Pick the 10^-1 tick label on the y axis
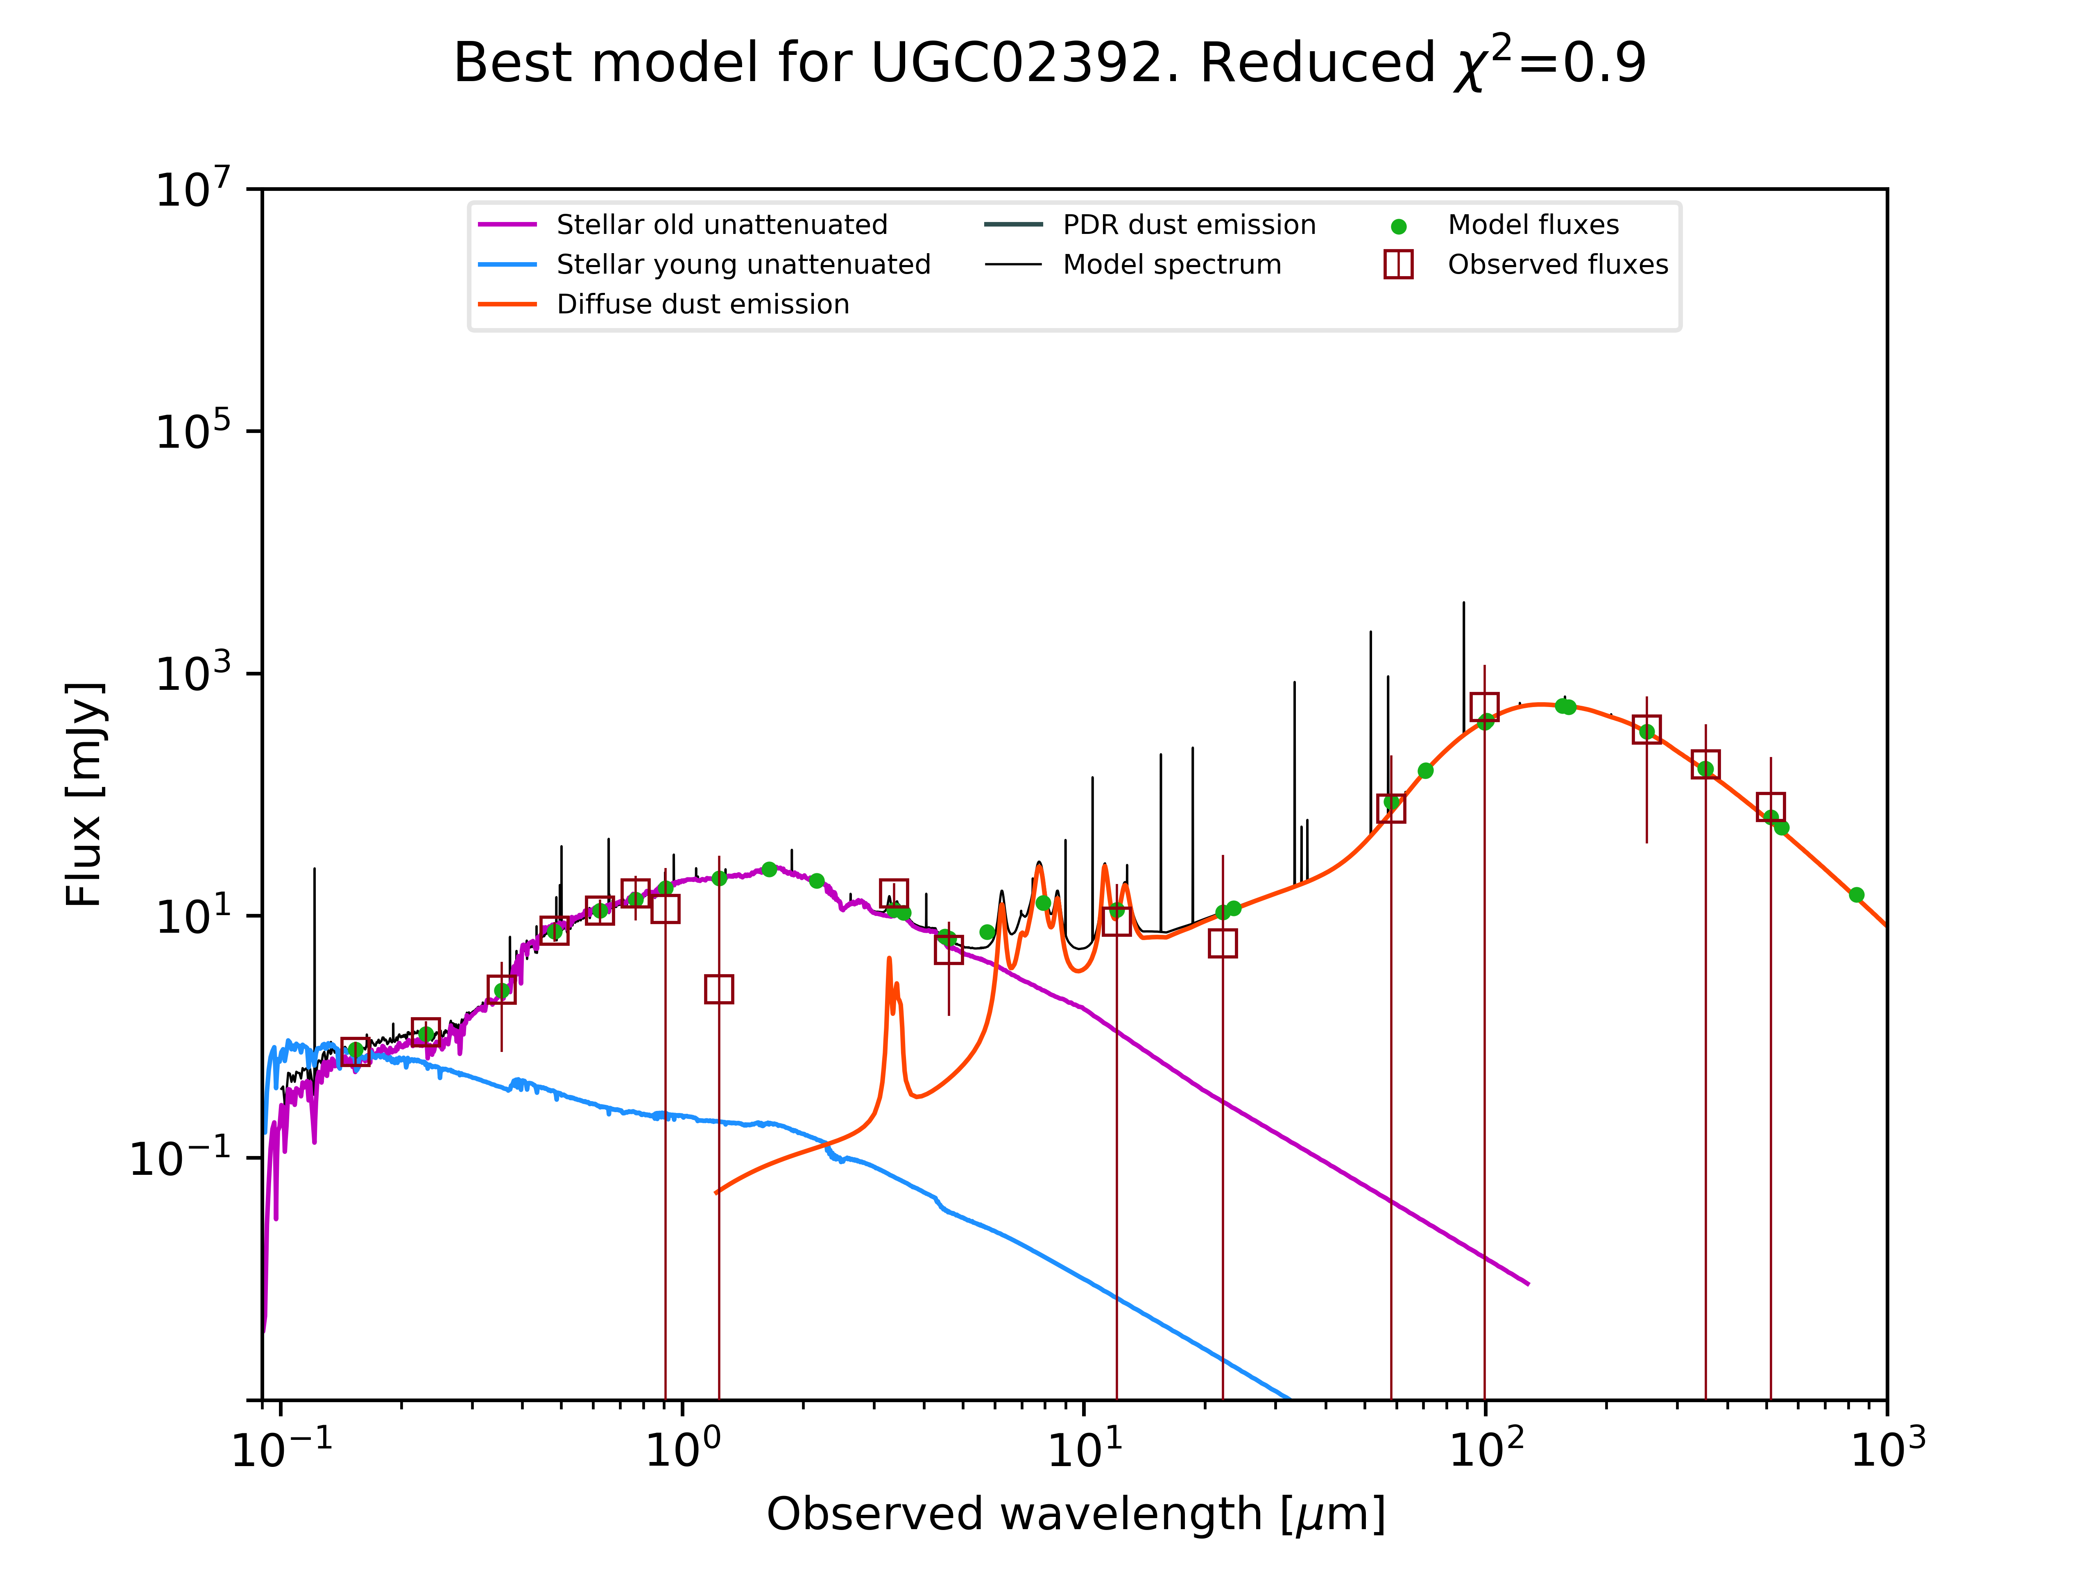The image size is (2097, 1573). tap(180, 1158)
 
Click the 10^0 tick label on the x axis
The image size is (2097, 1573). tap(683, 1449)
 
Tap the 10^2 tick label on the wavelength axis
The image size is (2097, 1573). tap(1486, 1449)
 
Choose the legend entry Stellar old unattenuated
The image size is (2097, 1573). tap(721, 225)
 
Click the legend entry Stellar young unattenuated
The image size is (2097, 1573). tap(743, 265)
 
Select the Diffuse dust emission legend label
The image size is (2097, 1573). tap(702, 304)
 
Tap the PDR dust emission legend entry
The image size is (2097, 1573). tap(1189, 225)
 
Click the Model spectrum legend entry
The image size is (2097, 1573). tap(1172, 265)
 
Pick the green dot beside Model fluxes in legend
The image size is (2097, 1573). tap(1398, 227)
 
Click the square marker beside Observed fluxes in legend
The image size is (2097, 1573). tap(1398, 265)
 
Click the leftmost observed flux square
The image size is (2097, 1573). tap(356, 1052)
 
